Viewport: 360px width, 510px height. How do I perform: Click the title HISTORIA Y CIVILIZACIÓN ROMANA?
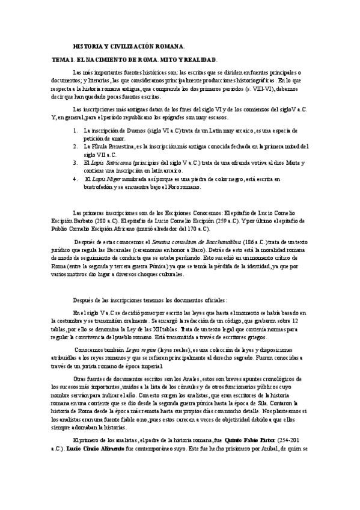click(x=129, y=46)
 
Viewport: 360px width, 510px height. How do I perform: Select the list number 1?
click(x=75, y=129)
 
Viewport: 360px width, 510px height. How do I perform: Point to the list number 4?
click(x=75, y=179)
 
